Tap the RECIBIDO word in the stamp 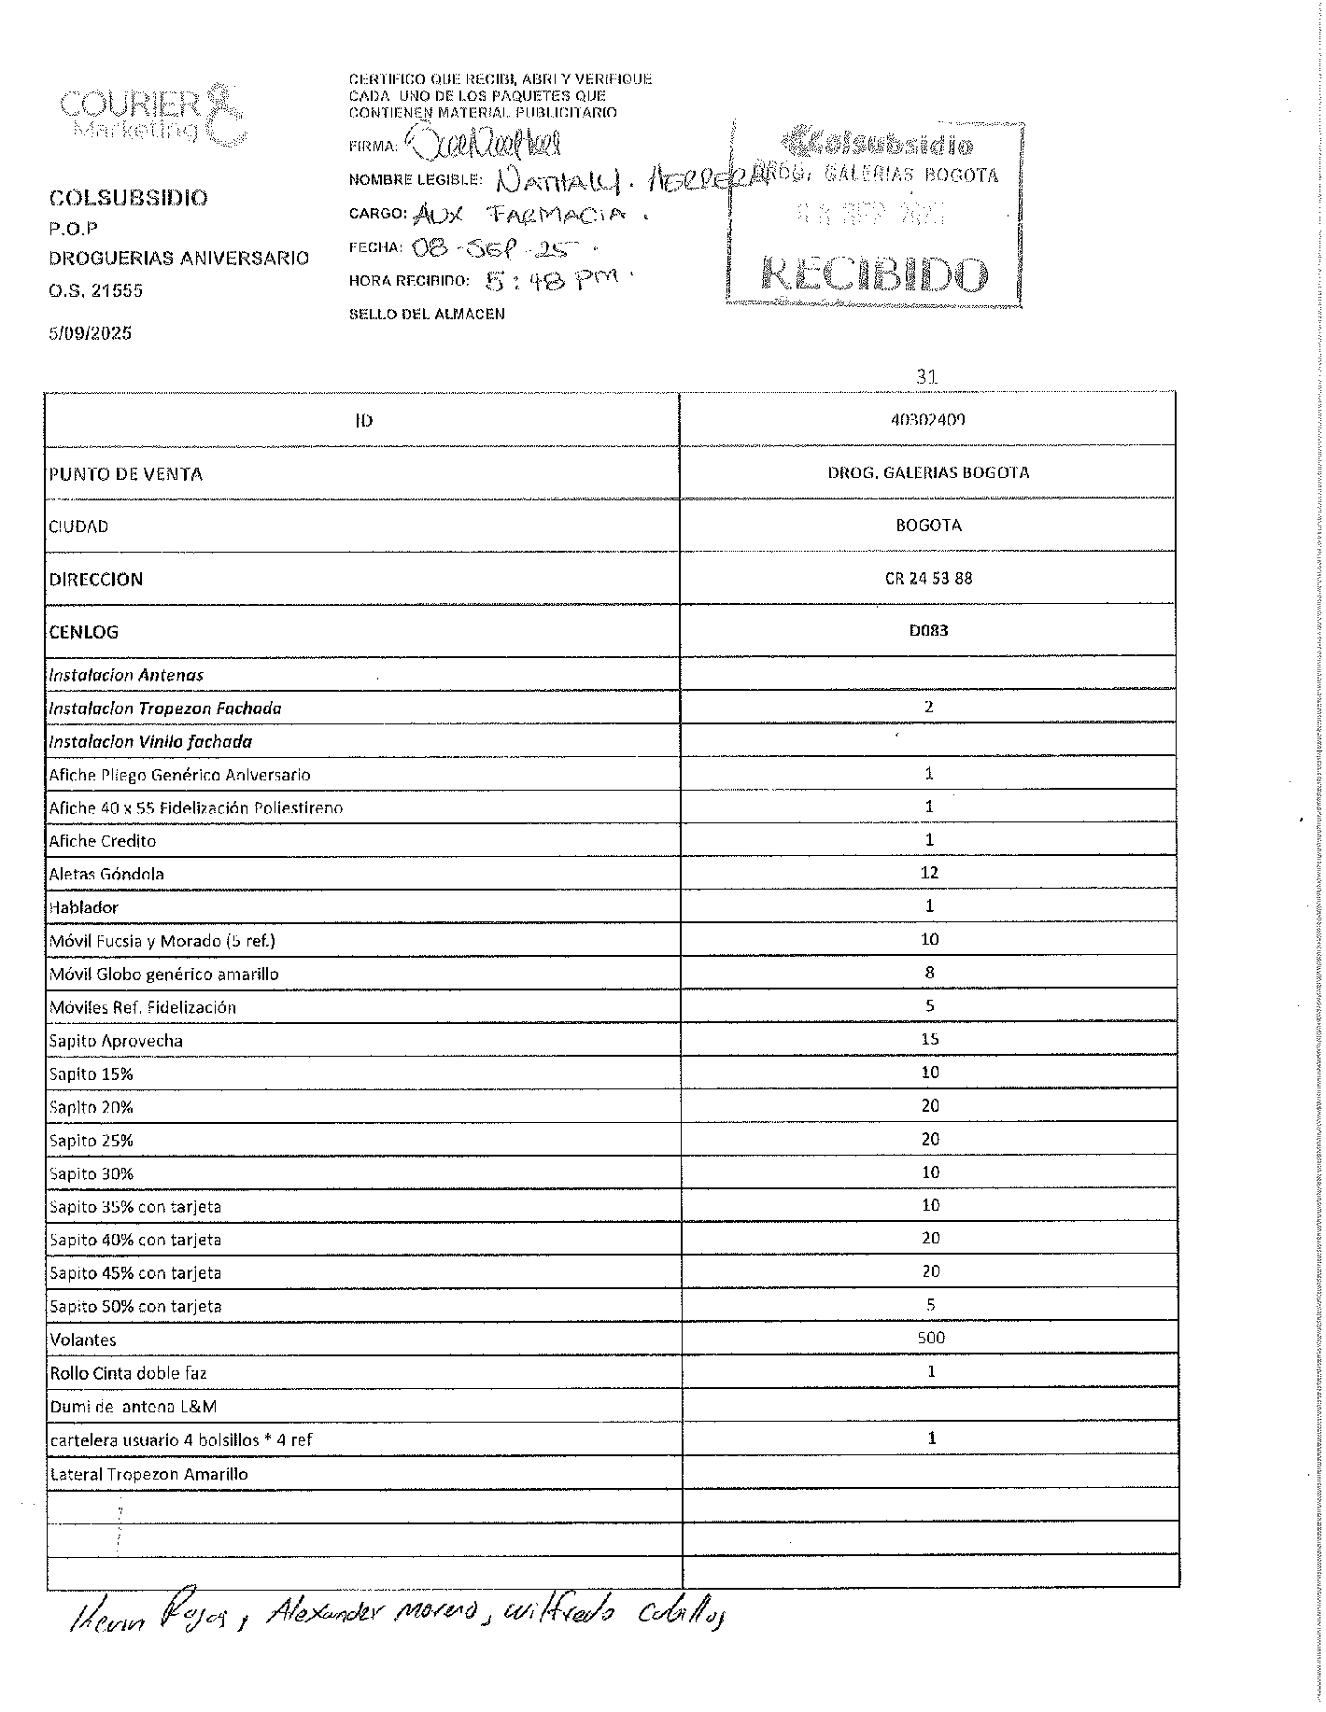874,275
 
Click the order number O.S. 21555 95,290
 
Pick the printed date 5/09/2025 90,333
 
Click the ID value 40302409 927,420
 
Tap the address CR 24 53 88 928,578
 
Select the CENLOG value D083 928,630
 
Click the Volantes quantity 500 930,1338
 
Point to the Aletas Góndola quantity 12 928,873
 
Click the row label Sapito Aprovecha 116,1041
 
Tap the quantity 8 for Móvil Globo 929,973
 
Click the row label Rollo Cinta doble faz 128,1373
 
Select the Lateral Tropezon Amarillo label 148,1474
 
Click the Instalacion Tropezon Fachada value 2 928,707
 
